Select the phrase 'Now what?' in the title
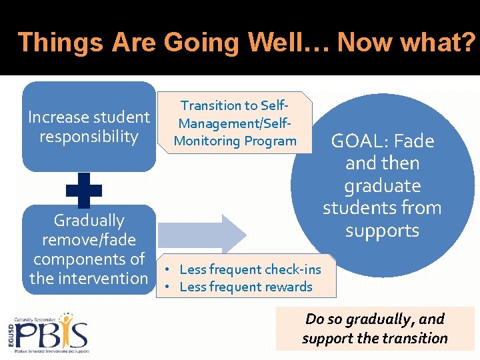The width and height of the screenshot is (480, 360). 406,43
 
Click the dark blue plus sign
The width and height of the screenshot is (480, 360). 85,189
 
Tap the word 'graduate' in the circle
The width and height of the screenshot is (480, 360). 382,186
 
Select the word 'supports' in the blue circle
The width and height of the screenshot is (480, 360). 382,231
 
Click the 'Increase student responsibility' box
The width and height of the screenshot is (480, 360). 89,127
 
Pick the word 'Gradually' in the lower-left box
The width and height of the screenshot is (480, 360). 89,221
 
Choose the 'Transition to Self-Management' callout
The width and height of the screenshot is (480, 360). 235,123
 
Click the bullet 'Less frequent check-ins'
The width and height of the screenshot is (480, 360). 250,269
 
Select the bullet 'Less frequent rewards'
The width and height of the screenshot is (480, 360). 246,287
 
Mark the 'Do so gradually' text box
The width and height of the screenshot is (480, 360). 375,329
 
